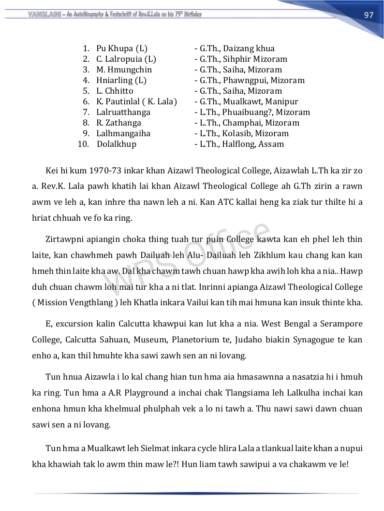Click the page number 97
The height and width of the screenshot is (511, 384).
point(369,15)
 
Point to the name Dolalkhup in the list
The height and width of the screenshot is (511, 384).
point(117,144)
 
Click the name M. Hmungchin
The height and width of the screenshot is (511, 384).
point(124,70)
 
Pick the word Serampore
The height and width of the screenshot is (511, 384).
point(342,324)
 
